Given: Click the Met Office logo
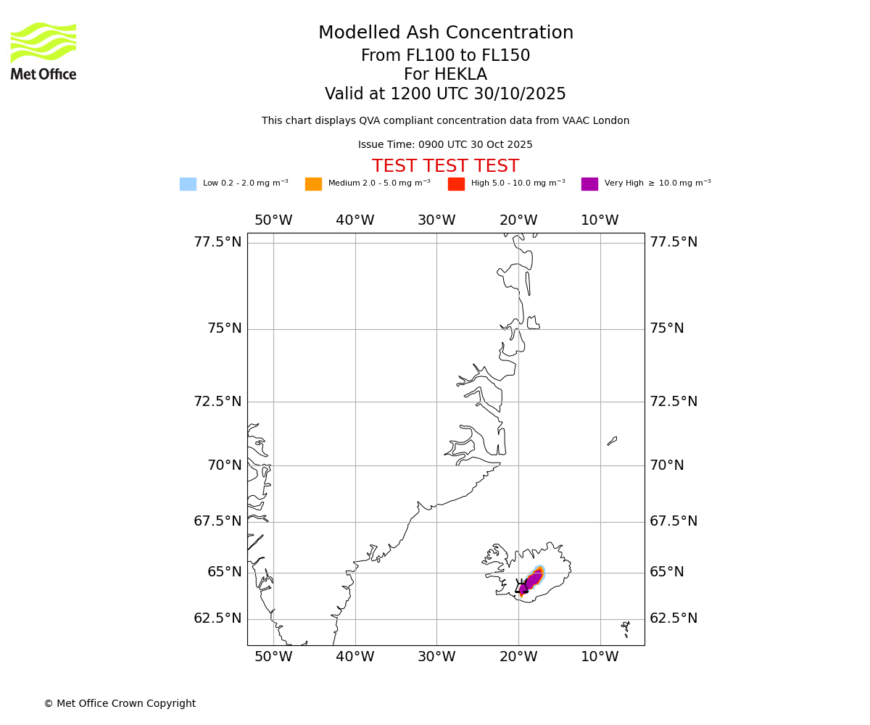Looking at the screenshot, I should pos(43,51).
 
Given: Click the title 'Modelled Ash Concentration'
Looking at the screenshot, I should pos(445,33).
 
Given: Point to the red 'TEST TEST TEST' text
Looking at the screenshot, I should pos(445,167).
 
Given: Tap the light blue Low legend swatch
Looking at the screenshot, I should pos(188,184).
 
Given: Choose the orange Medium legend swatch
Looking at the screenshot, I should pos(313,184).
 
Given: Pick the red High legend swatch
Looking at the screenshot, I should pos(456,184).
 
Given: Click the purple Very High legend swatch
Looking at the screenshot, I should pos(589,184).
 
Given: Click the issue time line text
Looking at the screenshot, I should pos(445,145).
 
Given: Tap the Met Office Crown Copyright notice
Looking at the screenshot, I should pos(120,704).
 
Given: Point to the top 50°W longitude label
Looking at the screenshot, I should pos(273,220).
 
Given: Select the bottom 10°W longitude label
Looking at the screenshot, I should pos(600,657).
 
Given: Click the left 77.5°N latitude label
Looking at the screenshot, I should pos(217,242).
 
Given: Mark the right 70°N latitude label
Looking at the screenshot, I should pos(666,465).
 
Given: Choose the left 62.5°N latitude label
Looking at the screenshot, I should pos(217,618).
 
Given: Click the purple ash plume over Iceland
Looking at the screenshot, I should pos(533,579).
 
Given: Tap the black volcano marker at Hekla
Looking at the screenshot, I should pos(521,587).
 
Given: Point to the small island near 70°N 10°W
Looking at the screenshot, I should pos(612,441).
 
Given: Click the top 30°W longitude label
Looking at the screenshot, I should pos(436,220).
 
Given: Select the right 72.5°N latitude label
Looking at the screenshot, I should pos(674,402).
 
